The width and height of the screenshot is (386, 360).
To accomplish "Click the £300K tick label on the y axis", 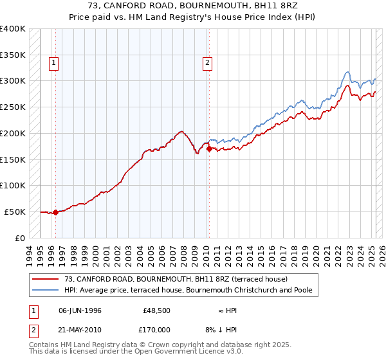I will [13, 81].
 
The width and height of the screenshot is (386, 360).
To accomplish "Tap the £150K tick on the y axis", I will [13, 159].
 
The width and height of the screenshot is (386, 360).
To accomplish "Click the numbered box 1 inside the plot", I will [53, 63].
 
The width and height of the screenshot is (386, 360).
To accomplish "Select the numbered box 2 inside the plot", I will [207, 63].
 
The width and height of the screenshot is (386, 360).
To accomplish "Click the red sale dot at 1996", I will [55, 212].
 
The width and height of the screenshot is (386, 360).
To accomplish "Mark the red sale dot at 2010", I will [209, 149].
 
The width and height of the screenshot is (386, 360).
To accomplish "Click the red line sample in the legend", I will [46, 280].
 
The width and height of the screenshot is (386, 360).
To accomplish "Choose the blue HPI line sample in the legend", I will [46, 291].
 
